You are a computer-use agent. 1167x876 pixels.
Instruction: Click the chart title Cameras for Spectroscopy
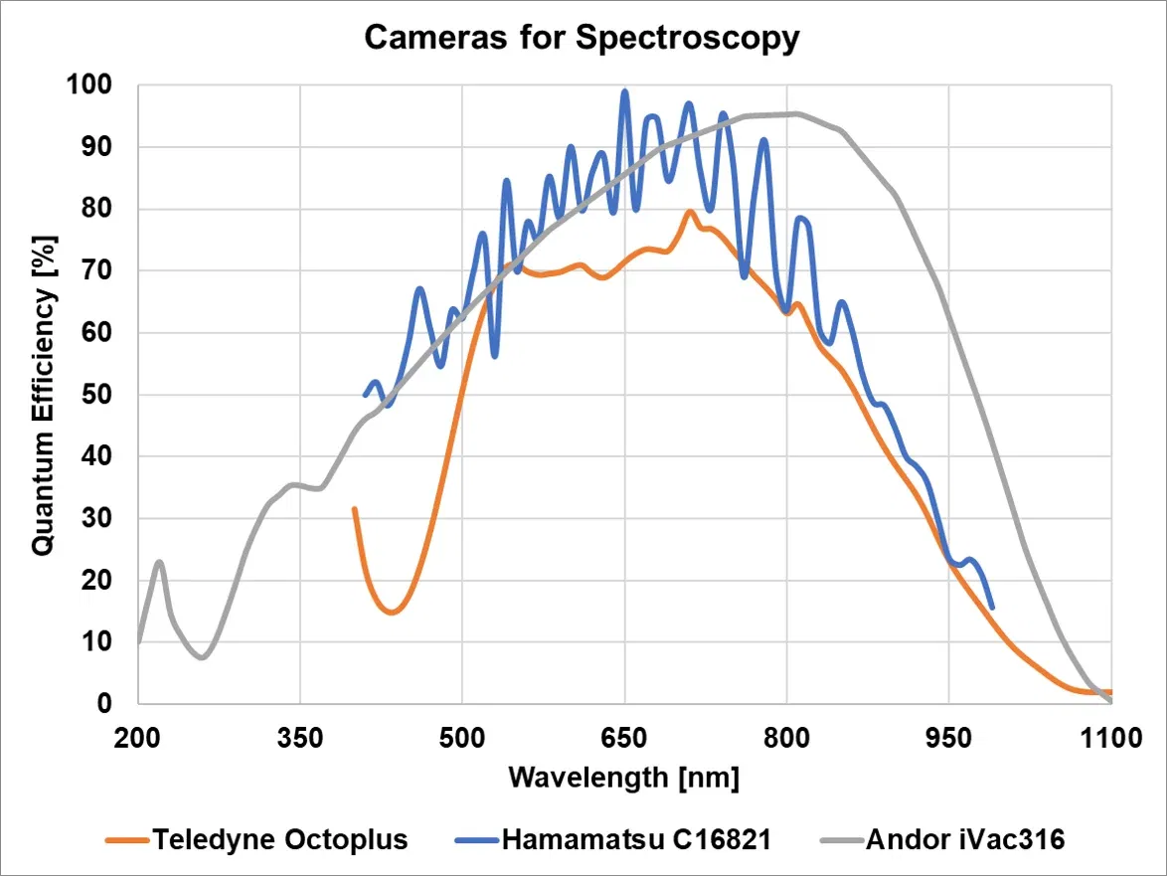click(582, 38)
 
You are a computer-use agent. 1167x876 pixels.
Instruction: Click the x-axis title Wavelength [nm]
click(623, 777)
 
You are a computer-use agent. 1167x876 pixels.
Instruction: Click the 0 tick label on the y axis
click(114, 704)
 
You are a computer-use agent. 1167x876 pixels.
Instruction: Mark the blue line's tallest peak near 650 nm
click(625, 91)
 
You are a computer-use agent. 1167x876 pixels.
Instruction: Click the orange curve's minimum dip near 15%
click(392, 613)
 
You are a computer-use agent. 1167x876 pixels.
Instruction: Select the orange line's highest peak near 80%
click(689, 211)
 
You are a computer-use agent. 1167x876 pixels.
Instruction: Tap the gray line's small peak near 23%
click(159, 562)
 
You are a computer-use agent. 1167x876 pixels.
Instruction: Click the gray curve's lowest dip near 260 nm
click(202, 657)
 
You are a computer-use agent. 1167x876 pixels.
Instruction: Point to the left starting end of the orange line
click(354, 508)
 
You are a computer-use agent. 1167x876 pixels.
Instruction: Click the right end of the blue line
click(992, 608)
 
